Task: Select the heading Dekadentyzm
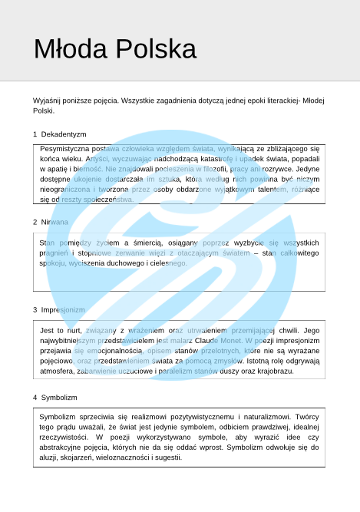(64, 134)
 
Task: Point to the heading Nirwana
(54, 222)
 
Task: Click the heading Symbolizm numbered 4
(59, 398)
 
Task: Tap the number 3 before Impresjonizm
(35, 309)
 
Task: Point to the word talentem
(269, 189)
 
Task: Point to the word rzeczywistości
(67, 436)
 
